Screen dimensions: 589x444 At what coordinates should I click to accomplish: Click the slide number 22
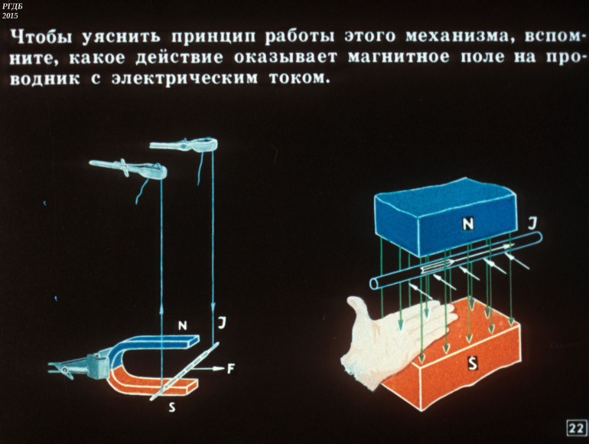point(576,428)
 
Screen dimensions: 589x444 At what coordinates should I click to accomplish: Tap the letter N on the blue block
point(467,224)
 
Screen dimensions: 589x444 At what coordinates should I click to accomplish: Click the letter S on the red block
point(473,364)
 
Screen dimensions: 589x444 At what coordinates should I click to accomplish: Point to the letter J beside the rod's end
point(532,224)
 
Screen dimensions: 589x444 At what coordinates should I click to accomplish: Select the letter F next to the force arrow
point(231,369)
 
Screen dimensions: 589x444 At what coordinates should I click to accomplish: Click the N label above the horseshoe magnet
point(183,325)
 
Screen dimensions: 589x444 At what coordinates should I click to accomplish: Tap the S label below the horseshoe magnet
point(171,406)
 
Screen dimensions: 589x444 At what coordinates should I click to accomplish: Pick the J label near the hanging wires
point(222,323)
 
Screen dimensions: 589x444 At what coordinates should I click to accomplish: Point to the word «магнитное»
point(399,57)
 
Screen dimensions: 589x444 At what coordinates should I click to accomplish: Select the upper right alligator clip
point(184,145)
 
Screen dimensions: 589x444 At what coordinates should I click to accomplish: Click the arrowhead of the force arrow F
point(220,369)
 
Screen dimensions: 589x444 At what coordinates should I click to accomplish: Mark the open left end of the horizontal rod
point(375,283)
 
